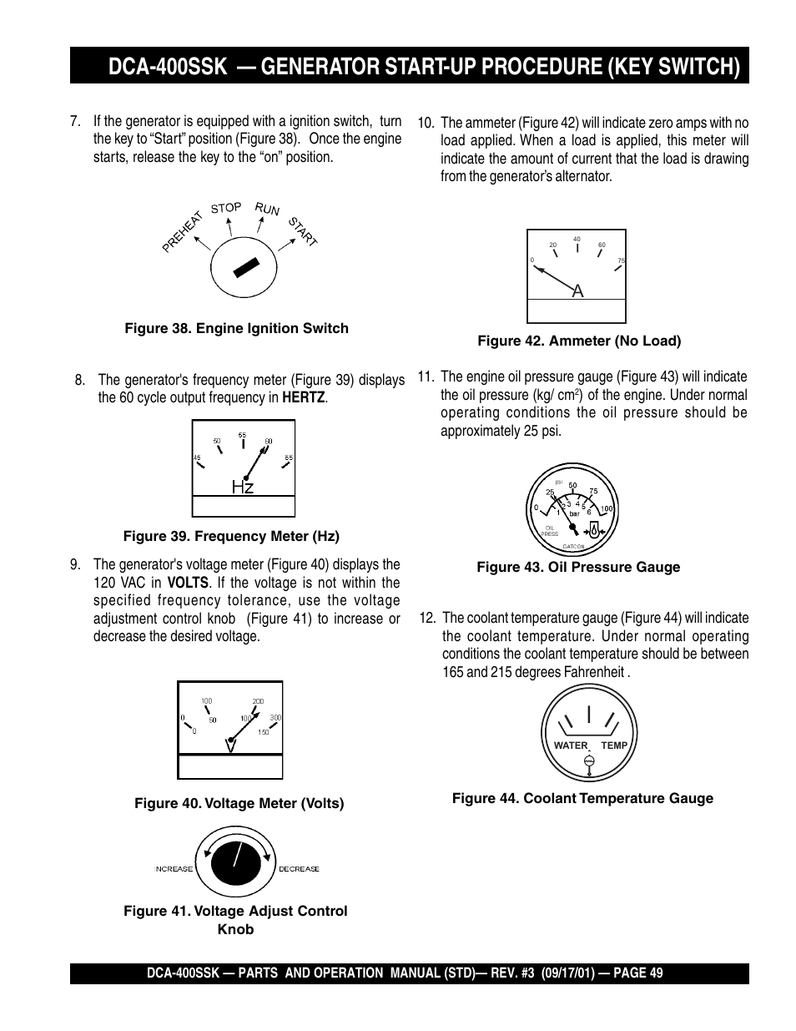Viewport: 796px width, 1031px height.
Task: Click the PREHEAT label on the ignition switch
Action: pyautogui.click(x=184, y=231)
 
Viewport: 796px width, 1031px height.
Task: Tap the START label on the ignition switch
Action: pyautogui.click(x=303, y=231)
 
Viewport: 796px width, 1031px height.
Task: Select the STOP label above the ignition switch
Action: pyautogui.click(x=226, y=208)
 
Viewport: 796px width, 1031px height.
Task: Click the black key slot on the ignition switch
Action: pyautogui.click(x=245, y=267)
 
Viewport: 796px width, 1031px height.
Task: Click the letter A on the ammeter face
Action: pyautogui.click(x=577, y=291)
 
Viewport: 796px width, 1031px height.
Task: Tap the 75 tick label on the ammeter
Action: pyautogui.click(x=621, y=261)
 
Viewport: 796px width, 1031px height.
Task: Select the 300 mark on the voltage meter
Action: pyautogui.click(x=275, y=718)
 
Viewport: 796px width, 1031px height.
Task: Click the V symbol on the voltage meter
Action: pyautogui.click(x=230, y=745)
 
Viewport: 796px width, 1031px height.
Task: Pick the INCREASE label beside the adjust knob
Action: pyautogui.click(x=174, y=869)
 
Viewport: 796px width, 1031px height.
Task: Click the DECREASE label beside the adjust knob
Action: pyautogui.click(x=299, y=869)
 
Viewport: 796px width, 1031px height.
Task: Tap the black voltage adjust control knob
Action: pyautogui.click(x=236, y=862)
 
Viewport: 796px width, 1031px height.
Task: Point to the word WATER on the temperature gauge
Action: pyautogui.click(x=571, y=745)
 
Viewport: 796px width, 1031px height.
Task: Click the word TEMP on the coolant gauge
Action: pyautogui.click(x=614, y=745)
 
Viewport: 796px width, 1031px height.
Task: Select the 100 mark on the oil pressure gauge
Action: pyautogui.click(x=607, y=508)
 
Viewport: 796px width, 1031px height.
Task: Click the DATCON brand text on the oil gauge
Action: pyautogui.click(x=573, y=547)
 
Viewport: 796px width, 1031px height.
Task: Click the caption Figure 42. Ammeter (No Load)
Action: pyautogui.click(x=579, y=341)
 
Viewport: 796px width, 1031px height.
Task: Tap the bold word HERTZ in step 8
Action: pyautogui.click(x=303, y=397)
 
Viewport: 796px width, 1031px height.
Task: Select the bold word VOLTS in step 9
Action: pyautogui.click(x=188, y=583)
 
